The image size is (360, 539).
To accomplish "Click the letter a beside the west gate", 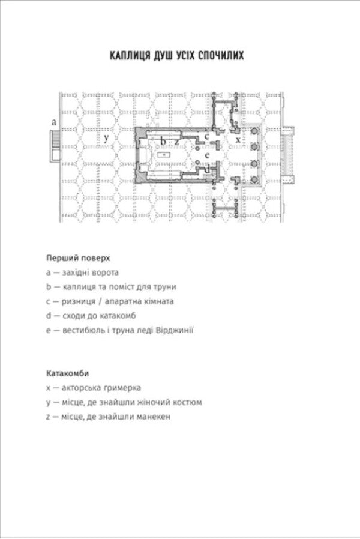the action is pyautogui.click(x=53, y=122).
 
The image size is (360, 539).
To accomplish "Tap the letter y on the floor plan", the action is pyautogui.click(x=106, y=138).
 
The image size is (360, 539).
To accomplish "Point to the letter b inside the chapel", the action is pyautogui.click(x=164, y=140).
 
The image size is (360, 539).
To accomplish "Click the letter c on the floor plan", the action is pyautogui.click(x=207, y=136).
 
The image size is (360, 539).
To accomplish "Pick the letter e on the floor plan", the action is pyautogui.click(x=207, y=155).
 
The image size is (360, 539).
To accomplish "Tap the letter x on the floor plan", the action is pyautogui.click(x=238, y=140).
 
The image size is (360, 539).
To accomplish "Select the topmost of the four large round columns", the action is pyautogui.click(x=254, y=131).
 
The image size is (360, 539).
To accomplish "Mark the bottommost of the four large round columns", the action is pyautogui.click(x=254, y=179).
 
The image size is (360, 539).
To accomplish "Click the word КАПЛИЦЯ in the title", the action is pyautogui.click(x=130, y=56).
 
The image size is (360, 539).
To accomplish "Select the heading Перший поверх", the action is pyautogui.click(x=78, y=258).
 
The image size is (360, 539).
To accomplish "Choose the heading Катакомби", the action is pyautogui.click(x=67, y=373).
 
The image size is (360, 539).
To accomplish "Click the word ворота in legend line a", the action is pyautogui.click(x=105, y=273).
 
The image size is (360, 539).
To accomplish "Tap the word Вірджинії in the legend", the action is pyautogui.click(x=175, y=330).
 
